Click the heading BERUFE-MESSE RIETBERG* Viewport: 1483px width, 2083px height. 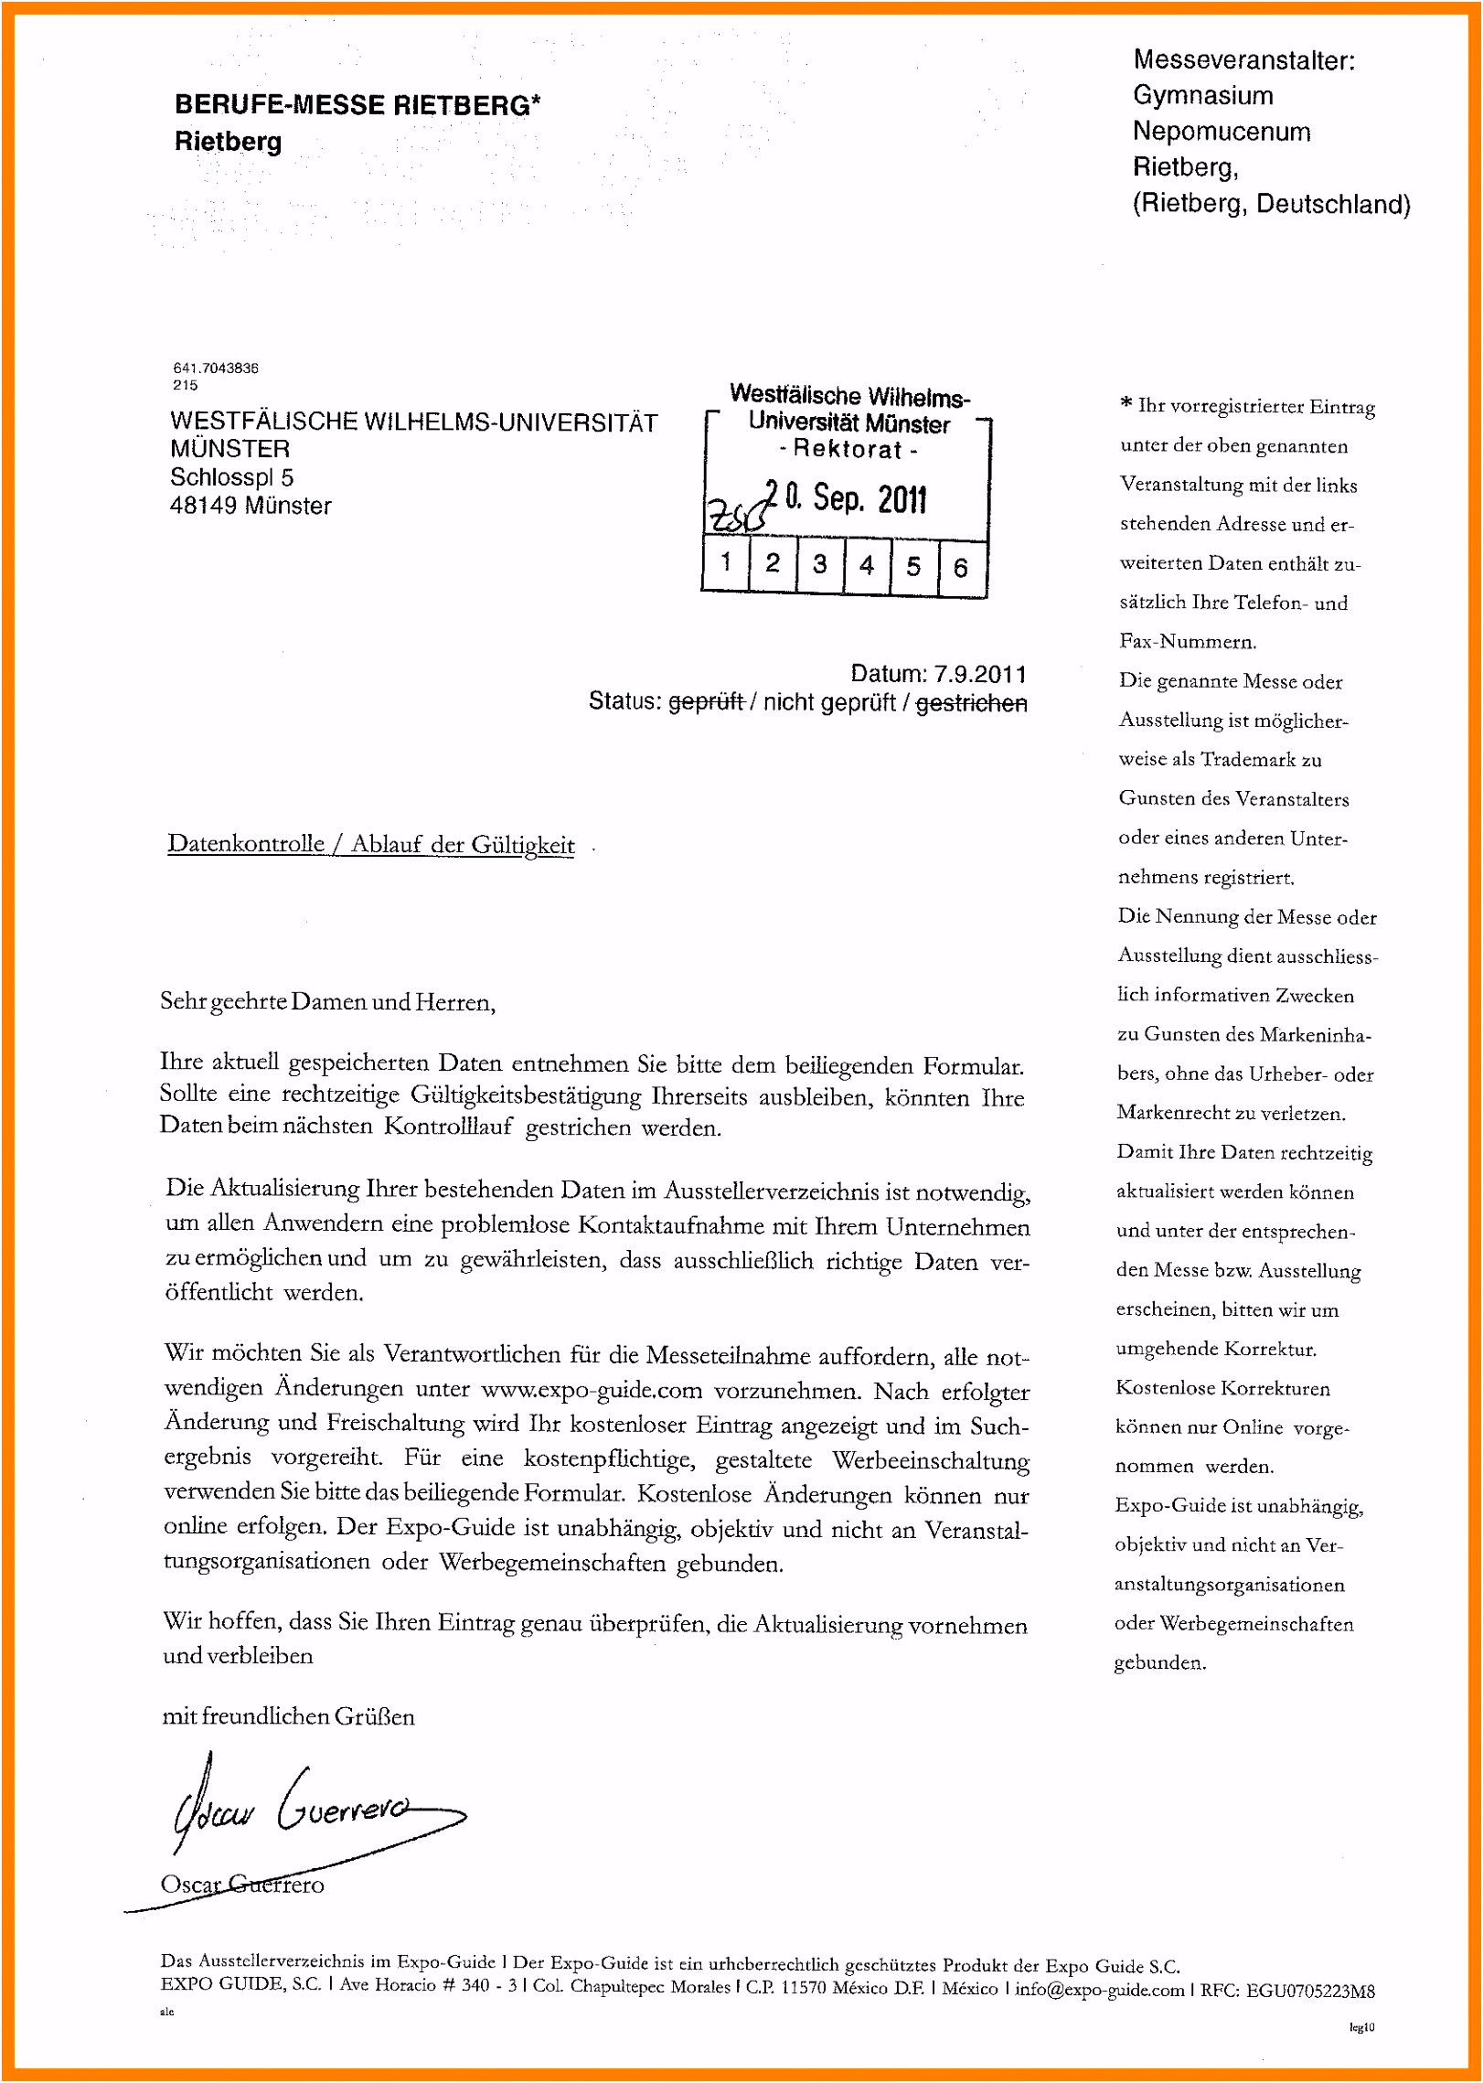357,105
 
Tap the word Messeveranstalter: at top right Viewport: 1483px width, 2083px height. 1243,60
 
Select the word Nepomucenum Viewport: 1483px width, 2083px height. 1222,132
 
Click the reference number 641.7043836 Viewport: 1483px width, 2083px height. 216,368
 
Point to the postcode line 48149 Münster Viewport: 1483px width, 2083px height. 251,506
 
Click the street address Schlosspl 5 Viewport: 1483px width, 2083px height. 231,477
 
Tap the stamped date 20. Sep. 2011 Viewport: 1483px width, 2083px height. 846,499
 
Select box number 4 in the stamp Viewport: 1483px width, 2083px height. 866,566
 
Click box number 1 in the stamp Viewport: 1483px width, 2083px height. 725,562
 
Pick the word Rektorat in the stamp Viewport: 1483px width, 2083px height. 848,450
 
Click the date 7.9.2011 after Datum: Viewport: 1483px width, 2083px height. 980,674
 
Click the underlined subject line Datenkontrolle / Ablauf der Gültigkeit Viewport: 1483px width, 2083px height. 371,844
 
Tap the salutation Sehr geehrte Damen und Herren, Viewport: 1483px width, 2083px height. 327,1002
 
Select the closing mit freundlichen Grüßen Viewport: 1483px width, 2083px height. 288,1716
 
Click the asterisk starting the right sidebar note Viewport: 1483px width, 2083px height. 1126,404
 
